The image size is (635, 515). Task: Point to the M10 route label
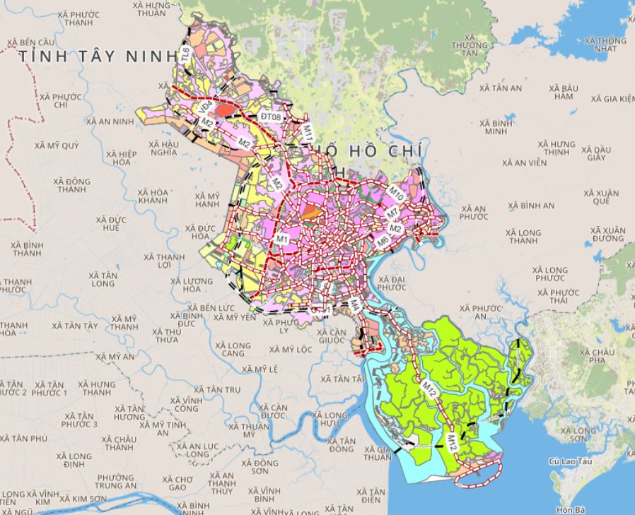pyautogui.click(x=395, y=191)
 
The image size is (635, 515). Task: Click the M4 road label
pyautogui.click(x=356, y=305)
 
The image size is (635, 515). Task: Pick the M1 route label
pyautogui.click(x=283, y=239)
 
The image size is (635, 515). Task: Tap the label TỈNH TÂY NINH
pyautogui.click(x=98, y=55)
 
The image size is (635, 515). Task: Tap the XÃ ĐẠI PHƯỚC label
pyautogui.click(x=390, y=283)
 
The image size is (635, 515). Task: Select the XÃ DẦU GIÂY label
pyautogui.click(x=592, y=153)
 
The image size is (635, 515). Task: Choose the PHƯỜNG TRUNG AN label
pyautogui.click(x=116, y=481)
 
